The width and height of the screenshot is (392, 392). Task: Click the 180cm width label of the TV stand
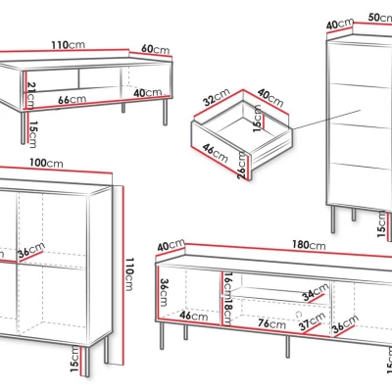(x=309, y=245)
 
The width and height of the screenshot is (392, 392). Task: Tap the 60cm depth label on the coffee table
(x=156, y=49)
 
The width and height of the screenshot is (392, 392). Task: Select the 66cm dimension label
(x=73, y=99)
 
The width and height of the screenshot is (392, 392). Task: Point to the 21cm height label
(x=30, y=95)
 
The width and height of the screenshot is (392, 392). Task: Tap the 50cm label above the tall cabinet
(x=380, y=17)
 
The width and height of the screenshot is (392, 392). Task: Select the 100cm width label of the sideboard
(x=46, y=163)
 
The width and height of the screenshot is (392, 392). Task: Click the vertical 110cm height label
(x=129, y=273)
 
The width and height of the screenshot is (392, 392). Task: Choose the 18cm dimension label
(x=227, y=311)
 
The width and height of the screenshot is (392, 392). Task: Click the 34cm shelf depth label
(x=316, y=292)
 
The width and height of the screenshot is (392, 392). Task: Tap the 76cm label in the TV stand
(x=271, y=323)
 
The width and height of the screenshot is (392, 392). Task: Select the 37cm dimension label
(x=313, y=321)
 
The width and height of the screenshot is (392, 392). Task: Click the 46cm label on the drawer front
(x=215, y=153)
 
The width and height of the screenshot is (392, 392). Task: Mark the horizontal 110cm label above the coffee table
(x=68, y=44)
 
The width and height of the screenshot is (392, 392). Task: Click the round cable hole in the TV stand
(x=299, y=314)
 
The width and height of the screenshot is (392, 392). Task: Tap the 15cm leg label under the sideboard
(x=74, y=359)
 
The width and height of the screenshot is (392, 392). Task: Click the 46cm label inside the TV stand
(x=194, y=316)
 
